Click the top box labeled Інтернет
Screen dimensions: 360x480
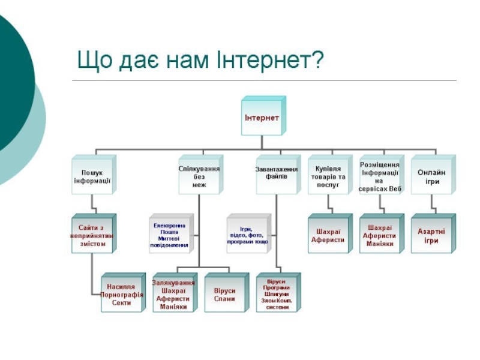[262, 117]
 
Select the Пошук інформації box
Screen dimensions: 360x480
[92, 176]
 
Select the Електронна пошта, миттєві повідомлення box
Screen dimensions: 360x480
[170, 235]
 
